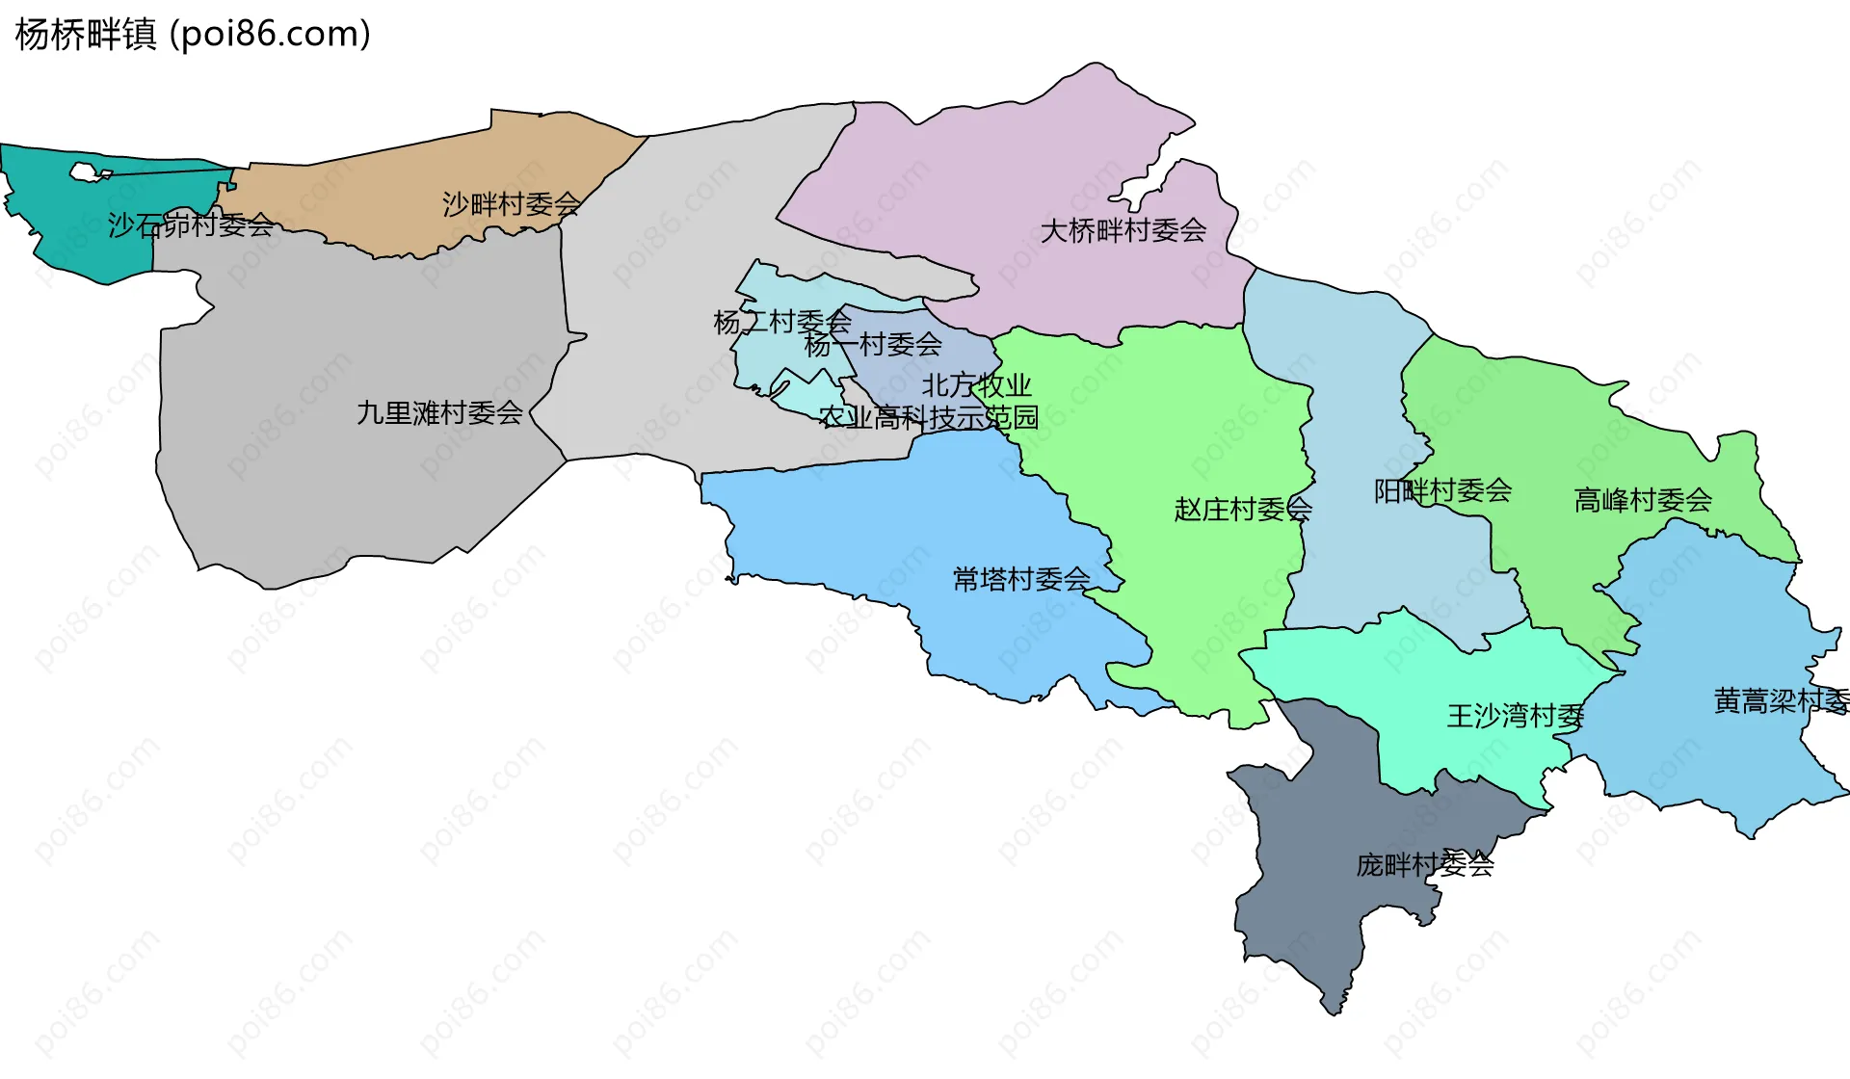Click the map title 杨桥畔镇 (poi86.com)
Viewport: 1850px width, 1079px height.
193,35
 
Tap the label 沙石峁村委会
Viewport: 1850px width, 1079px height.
191,225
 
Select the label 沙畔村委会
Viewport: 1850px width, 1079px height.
511,204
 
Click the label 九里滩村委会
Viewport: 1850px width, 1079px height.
439,413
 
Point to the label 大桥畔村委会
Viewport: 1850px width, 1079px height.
1123,230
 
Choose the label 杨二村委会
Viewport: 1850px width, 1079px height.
781,322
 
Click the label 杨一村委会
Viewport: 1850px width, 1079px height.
873,344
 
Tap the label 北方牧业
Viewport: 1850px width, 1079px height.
976,385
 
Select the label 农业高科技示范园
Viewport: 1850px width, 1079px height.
929,417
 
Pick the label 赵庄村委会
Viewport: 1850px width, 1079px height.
1243,509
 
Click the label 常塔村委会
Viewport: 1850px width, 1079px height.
1021,579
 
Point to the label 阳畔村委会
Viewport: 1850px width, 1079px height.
1442,491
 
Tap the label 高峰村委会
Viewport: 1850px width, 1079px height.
1643,500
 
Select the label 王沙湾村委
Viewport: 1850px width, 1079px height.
1516,716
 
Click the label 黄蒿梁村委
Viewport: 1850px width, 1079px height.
1781,701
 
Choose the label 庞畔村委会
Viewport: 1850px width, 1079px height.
1425,865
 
